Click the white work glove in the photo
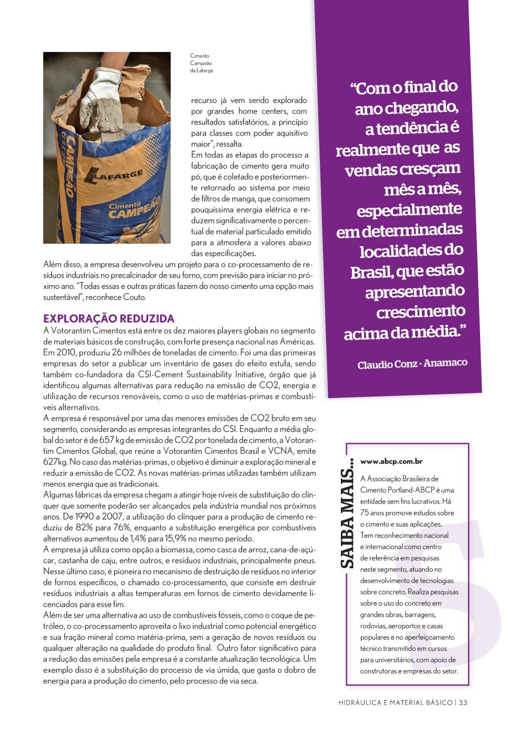[x=99, y=95]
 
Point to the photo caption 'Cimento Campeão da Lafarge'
[x=201, y=63]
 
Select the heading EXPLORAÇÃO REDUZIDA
[x=109, y=319]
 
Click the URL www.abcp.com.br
[x=391, y=462]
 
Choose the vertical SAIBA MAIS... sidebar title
[x=347, y=515]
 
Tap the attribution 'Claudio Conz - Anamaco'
[x=412, y=363]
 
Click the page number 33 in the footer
[x=463, y=703]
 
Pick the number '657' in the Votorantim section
[x=107, y=440]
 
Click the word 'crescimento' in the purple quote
[x=421, y=312]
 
